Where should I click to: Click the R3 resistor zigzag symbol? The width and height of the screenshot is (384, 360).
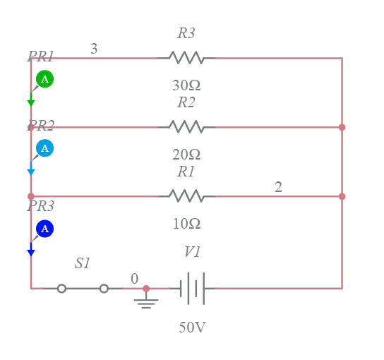click(186, 58)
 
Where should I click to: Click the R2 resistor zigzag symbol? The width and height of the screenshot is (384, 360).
click(186, 127)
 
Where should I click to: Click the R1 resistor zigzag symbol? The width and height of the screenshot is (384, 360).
click(186, 196)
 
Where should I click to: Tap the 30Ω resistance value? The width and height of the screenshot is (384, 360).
click(186, 85)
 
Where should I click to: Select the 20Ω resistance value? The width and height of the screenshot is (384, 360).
click(186, 155)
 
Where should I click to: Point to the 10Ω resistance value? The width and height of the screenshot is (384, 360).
click(186, 224)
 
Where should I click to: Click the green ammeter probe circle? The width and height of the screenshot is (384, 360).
click(44, 79)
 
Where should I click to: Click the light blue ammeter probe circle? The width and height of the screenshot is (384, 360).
click(44, 148)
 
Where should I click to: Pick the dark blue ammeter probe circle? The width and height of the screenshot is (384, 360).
click(44, 229)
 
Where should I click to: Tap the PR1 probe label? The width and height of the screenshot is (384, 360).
click(41, 56)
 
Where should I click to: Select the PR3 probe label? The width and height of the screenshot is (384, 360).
click(41, 207)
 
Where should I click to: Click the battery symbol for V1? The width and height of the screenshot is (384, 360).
click(192, 288)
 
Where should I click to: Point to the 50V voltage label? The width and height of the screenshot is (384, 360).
click(192, 328)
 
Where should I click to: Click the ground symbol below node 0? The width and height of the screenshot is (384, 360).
click(146, 302)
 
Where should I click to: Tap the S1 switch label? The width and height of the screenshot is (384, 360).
click(83, 263)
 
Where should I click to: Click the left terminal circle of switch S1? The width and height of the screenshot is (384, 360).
click(62, 288)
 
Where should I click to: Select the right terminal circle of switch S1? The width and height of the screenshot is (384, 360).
click(104, 288)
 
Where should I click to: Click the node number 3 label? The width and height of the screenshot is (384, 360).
click(94, 49)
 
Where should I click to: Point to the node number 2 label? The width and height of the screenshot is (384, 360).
click(278, 187)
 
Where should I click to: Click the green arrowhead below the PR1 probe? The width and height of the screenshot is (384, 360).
click(31, 103)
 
